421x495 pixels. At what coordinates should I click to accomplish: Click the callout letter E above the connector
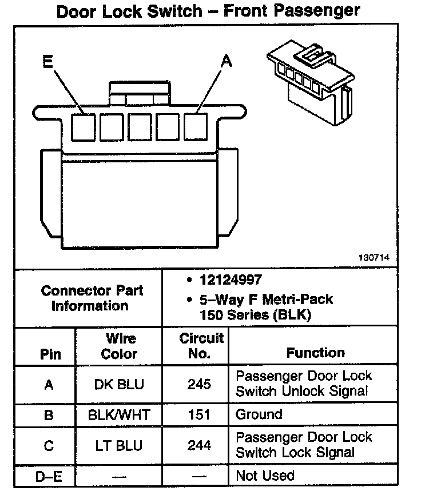(x=48, y=62)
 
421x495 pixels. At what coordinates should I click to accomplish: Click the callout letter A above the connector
(x=227, y=62)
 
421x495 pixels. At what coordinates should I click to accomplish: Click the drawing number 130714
(x=375, y=258)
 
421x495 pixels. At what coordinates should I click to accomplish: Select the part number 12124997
(x=231, y=280)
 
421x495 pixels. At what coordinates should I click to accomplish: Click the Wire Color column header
(x=120, y=346)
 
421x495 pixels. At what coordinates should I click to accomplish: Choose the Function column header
(x=315, y=353)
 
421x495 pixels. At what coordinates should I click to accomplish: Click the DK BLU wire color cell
(x=120, y=384)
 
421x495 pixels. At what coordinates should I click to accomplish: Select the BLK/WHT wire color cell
(x=120, y=414)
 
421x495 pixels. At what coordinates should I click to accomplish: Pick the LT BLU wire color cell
(x=120, y=445)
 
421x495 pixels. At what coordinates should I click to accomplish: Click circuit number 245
(x=199, y=384)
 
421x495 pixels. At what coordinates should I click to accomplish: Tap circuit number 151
(x=199, y=414)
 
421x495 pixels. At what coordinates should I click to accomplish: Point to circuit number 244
(x=199, y=445)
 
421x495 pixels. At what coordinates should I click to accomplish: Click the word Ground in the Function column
(x=259, y=414)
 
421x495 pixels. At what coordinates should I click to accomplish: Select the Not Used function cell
(x=265, y=475)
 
